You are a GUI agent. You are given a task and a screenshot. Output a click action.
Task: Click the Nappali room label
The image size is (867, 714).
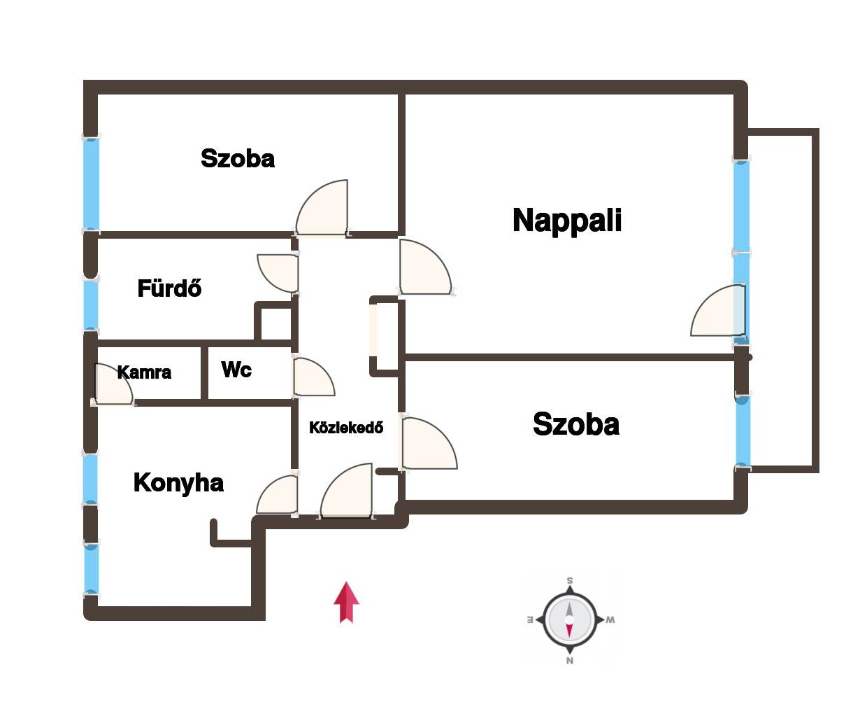[566, 220]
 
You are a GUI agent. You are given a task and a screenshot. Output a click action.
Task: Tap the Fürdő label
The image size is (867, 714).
[169, 288]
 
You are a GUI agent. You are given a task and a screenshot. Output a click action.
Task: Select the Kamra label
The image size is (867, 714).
[144, 372]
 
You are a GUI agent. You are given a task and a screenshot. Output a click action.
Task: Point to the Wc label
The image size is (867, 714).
[236, 369]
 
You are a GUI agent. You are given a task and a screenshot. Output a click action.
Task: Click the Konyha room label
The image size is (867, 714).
[178, 483]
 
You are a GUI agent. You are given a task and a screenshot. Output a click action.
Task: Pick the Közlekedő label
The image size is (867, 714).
[346, 428]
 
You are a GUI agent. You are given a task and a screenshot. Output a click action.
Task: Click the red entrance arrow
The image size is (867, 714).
[347, 603]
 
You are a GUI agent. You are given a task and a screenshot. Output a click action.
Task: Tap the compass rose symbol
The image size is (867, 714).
[570, 619]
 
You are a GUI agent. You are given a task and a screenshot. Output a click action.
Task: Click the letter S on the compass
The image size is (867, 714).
[570, 581]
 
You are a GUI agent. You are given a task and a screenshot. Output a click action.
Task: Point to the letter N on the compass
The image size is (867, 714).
[570, 661]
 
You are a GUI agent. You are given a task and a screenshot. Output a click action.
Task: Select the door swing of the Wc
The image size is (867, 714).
[315, 377]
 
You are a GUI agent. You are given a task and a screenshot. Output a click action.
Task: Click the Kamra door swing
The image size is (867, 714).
[114, 384]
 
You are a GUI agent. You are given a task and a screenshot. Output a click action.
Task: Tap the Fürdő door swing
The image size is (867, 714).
[278, 273]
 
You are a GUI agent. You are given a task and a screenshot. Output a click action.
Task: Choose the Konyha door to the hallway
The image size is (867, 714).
[277, 494]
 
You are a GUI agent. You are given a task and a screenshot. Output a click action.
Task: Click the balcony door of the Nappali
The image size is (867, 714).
[718, 310]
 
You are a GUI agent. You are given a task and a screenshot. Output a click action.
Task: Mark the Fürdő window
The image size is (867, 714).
[91, 304]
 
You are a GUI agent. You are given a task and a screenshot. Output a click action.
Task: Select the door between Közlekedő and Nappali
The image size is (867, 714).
[426, 267]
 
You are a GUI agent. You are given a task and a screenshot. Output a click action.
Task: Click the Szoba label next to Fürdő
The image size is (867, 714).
[238, 158]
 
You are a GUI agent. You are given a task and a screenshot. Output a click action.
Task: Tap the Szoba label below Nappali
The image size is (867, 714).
[576, 424]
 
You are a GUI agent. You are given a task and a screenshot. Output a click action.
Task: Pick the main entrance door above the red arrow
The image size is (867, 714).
[346, 490]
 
